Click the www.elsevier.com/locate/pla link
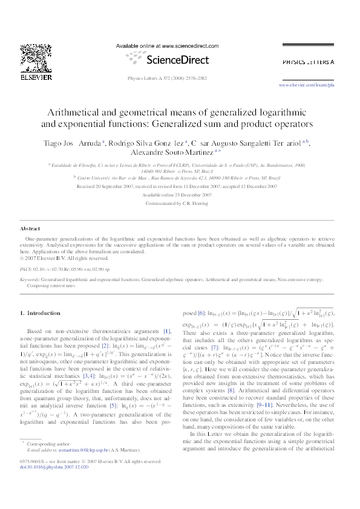(x=314, y=86)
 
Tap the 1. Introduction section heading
(x=40, y=313)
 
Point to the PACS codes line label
(x=26, y=267)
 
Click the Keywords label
(x=31, y=280)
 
